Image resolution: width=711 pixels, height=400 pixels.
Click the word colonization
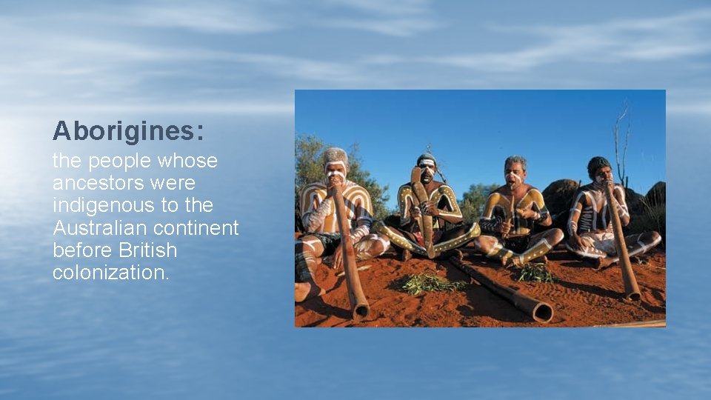[x=111, y=273]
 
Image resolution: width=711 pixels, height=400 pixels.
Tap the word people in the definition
[x=118, y=161]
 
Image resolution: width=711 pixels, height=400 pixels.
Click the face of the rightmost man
[x=601, y=173]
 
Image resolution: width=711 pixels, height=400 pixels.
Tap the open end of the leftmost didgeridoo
[x=361, y=312]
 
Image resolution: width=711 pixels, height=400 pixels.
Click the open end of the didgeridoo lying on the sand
[x=543, y=313]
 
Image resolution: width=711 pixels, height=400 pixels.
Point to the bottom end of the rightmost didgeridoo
[x=632, y=294]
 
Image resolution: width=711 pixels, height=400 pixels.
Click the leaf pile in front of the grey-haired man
[x=535, y=273]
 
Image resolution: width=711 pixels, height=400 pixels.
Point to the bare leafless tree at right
[x=621, y=141]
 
